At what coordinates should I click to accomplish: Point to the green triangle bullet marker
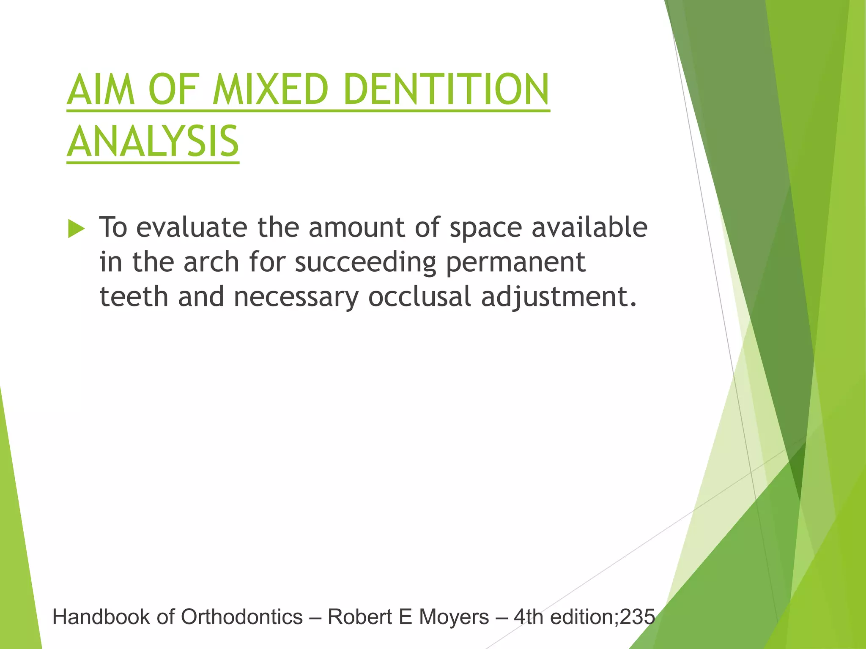click(76, 229)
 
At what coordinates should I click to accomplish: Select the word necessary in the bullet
click(296, 297)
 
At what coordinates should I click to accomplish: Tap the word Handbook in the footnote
click(101, 617)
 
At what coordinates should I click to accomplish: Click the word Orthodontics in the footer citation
click(242, 617)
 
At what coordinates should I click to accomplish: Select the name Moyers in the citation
click(454, 617)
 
